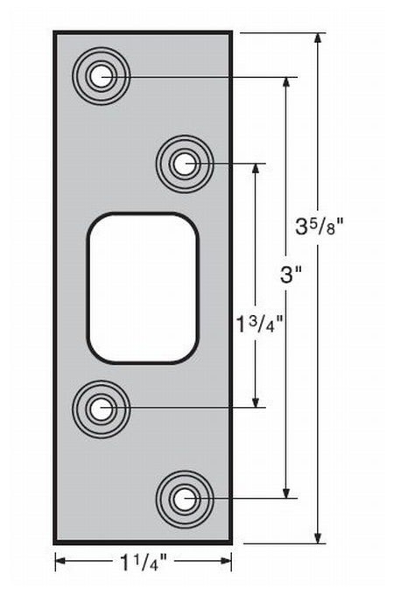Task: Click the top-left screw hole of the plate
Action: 102,76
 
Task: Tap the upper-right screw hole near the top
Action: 183,163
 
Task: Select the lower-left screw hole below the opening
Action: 102,407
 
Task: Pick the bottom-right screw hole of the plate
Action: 183,499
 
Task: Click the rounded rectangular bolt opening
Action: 142,287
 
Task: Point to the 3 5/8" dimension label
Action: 319,225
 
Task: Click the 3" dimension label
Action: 291,274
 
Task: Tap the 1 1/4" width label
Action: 144,564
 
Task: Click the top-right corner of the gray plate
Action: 231,32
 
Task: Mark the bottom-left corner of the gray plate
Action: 55,543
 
